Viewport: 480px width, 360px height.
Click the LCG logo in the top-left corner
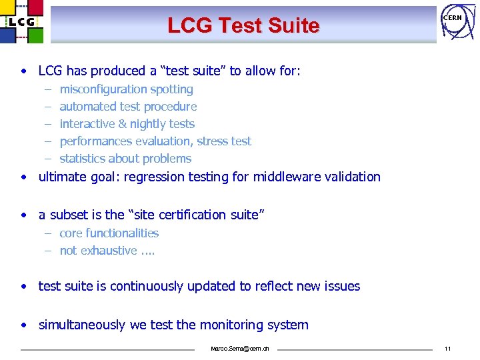point(21,21)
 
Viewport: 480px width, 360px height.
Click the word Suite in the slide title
point(291,26)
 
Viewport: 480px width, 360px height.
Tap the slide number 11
point(447,349)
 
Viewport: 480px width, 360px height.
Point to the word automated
point(88,107)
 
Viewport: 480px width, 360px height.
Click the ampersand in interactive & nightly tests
point(122,124)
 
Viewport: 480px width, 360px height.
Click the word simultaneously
point(83,325)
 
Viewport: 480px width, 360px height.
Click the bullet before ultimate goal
point(24,177)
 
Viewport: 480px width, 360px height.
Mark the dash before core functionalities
point(49,233)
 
